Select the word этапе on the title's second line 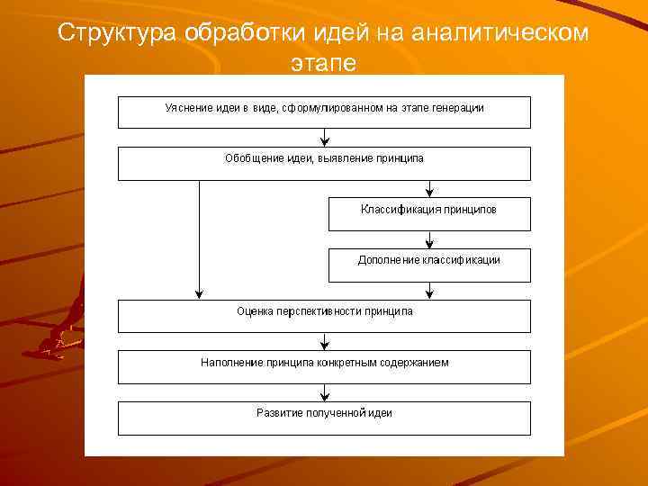[324, 64]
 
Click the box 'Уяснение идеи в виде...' [324, 112]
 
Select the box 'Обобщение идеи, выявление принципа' [324, 163]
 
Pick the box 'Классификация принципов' [428, 214]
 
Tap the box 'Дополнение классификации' [428, 265]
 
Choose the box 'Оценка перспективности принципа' [324, 316]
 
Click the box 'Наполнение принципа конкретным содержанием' [324, 367]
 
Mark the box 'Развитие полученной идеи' [324, 418]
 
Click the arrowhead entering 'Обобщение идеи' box [324, 141]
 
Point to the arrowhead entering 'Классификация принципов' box [429, 192]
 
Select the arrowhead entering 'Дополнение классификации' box [429, 243]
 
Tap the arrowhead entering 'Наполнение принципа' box [324, 345]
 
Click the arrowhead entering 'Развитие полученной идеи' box [324, 396]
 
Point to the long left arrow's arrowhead [199, 293]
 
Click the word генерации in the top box [459, 108]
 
